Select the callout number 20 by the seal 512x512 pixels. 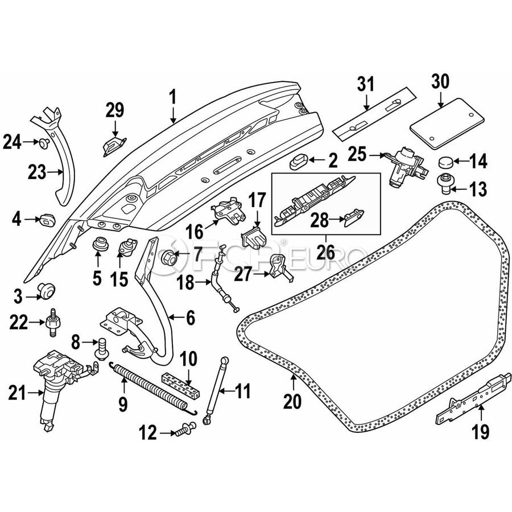click(292, 402)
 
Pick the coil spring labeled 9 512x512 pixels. click(151, 388)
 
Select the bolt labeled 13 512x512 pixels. click(444, 183)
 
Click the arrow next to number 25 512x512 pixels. click(376, 154)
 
